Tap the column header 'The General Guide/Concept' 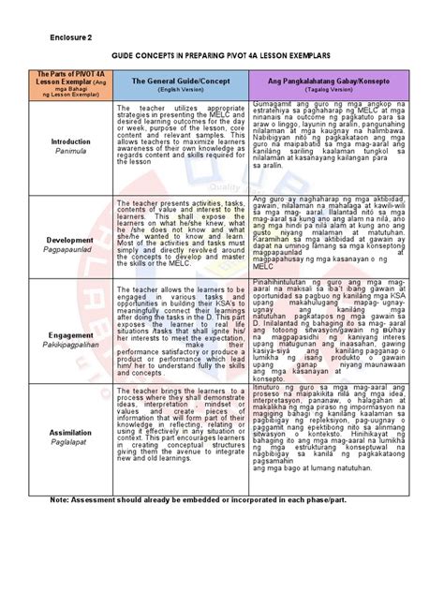point(180,81)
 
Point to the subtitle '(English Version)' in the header point(180,91)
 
